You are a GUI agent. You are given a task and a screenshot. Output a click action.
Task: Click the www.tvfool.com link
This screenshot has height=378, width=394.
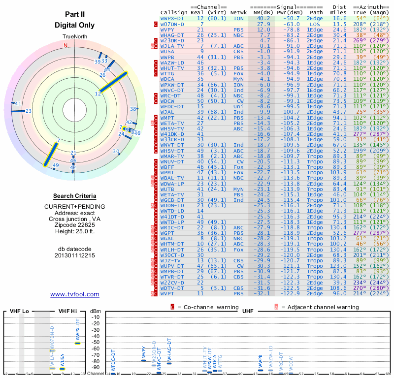click(x=74, y=294)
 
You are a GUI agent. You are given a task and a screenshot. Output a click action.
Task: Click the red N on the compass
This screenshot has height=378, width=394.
click(x=66, y=46)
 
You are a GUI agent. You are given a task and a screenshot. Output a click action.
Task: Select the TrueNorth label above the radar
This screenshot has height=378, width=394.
click(x=75, y=37)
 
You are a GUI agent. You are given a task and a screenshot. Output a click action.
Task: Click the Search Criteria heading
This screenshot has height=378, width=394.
click(x=75, y=196)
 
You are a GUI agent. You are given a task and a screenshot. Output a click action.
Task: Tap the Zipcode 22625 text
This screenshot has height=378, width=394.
click(x=75, y=224)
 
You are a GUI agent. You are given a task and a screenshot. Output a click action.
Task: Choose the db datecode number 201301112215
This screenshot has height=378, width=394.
click(x=75, y=256)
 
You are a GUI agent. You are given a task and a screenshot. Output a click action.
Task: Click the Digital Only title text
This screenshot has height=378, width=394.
click(x=75, y=25)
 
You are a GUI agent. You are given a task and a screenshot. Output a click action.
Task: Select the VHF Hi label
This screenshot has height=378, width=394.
click(x=68, y=311)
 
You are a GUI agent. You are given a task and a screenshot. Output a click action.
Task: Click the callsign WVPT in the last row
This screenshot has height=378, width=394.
click(x=169, y=293)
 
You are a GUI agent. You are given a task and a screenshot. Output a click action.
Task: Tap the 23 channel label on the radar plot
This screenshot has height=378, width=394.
click(x=29, y=111)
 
